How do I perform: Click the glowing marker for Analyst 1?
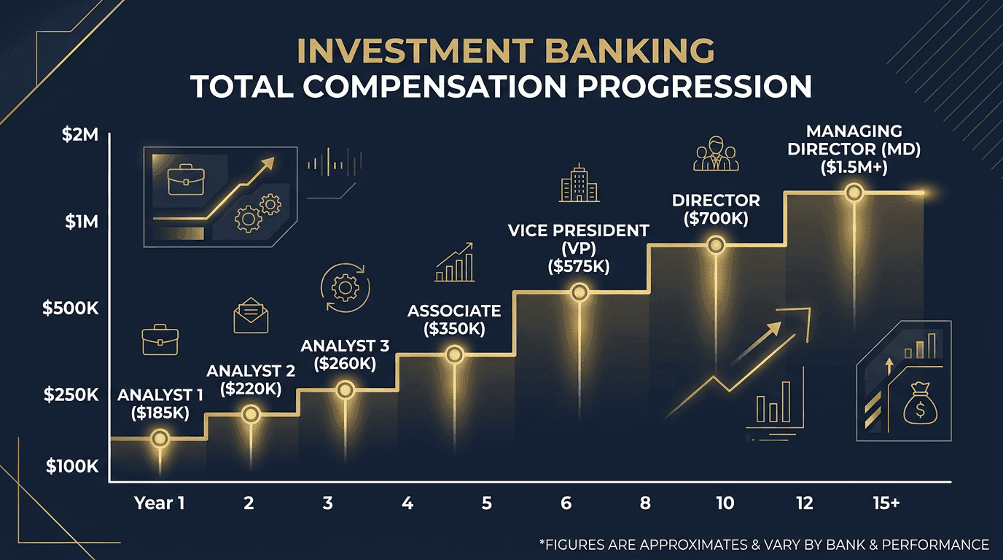coord(160,438)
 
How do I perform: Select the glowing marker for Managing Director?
coord(854,192)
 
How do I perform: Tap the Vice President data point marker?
coord(579,292)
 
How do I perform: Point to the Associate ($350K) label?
coord(454,319)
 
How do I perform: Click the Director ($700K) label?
coord(716,209)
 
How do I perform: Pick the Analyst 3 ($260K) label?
coord(346,354)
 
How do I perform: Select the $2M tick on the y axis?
coord(77,136)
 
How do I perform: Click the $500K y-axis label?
coord(70,308)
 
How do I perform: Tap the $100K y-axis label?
coord(71,466)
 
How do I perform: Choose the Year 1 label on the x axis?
coord(160,503)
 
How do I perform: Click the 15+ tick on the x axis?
coord(886,503)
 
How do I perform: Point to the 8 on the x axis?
coord(645,503)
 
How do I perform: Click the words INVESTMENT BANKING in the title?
coord(506,51)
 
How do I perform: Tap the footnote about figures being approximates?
coord(763,545)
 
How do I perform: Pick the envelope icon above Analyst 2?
coord(251,316)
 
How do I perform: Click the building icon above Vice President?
coord(579,182)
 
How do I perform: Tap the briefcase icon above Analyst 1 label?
coord(160,341)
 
